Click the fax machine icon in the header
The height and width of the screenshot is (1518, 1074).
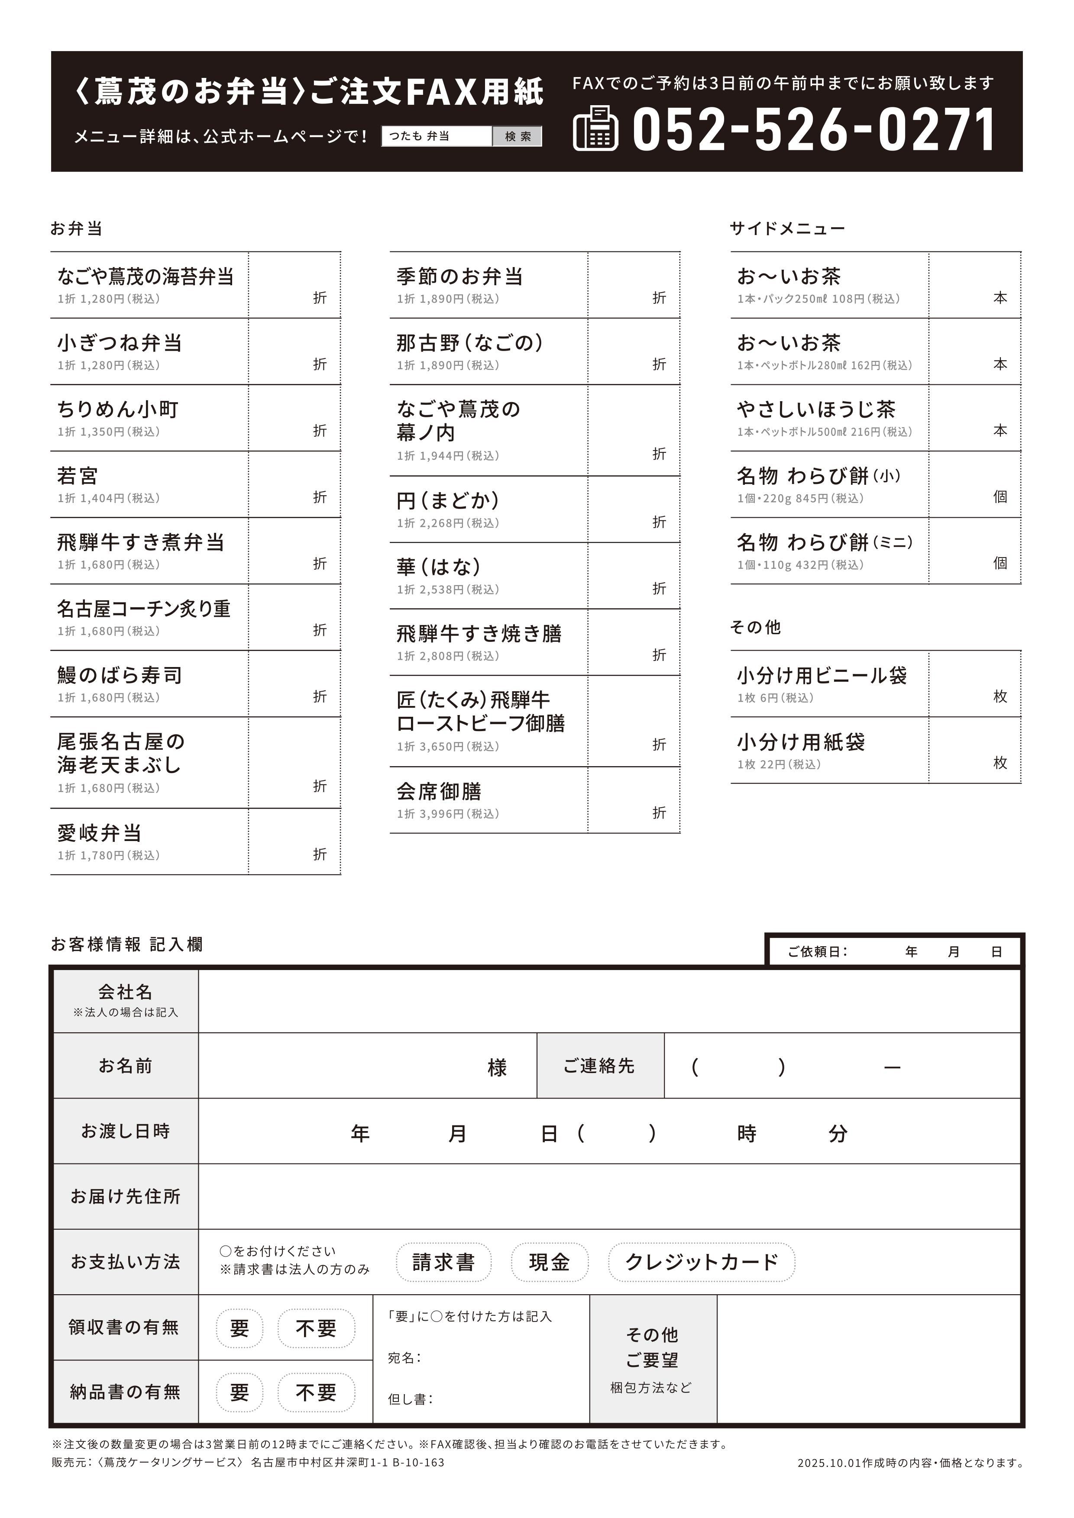[x=595, y=128]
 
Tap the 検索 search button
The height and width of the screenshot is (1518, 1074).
[x=518, y=136]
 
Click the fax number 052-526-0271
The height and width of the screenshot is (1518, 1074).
[x=813, y=129]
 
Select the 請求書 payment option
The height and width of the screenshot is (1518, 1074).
[x=444, y=1262]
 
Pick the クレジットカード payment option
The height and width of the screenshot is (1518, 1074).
[x=701, y=1262]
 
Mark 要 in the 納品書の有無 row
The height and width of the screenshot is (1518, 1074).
[x=239, y=1392]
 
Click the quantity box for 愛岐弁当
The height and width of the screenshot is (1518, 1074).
[x=294, y=841]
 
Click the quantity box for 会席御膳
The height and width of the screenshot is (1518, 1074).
[x=634, y=800]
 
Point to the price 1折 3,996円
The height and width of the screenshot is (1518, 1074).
[x=448, y=814]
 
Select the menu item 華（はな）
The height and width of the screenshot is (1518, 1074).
[x=438, y=567]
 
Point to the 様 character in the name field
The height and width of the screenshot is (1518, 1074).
[x=497, y=1067]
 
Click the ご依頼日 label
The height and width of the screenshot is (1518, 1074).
[x=817, y=951]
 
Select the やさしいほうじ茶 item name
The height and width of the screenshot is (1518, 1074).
[x=816, y=409]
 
